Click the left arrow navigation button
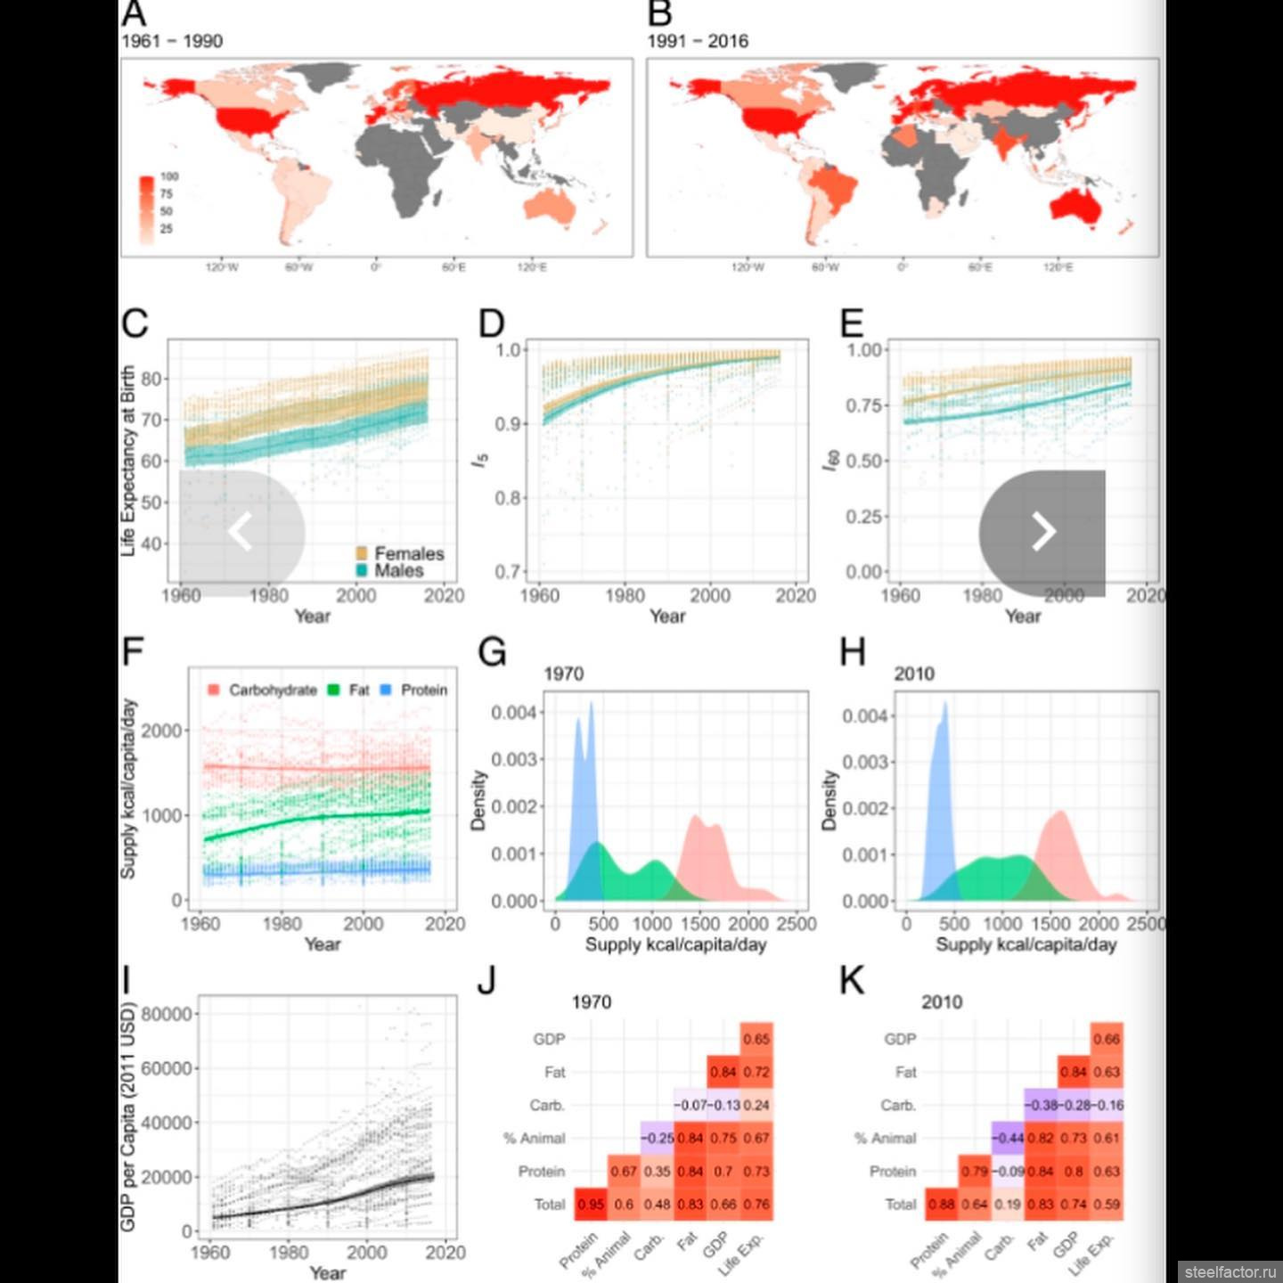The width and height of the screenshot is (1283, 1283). (x=241, y=533)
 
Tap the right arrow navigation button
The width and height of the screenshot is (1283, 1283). (x=1042, y=533)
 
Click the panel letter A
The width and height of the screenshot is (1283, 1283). (x=134, y=13)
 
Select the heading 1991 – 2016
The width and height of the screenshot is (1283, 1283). (x=698, y=41)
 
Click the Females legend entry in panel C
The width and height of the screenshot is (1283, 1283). (x=400, y=553)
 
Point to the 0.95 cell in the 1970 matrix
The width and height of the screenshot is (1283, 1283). (x=591, y=1205)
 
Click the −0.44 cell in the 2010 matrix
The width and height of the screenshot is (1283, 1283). (x=1008, y=1138)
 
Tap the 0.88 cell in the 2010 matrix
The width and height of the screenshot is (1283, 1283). (x=941, y=1205)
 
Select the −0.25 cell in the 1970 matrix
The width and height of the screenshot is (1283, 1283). (x=658, y=1138)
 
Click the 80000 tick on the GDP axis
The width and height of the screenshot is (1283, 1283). (x=167, y=1014)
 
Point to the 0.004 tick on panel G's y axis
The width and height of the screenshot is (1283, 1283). (x=514, y=712)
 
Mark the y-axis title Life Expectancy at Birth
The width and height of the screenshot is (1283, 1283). (x=128, y=461)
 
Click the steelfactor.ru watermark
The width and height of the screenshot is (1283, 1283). (x=1230, y=1271)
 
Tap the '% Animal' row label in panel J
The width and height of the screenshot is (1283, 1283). (x=534, y=1138)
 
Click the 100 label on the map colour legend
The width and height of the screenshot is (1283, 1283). (x=169, y=176)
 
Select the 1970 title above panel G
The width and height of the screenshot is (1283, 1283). (x=564, y=674)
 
